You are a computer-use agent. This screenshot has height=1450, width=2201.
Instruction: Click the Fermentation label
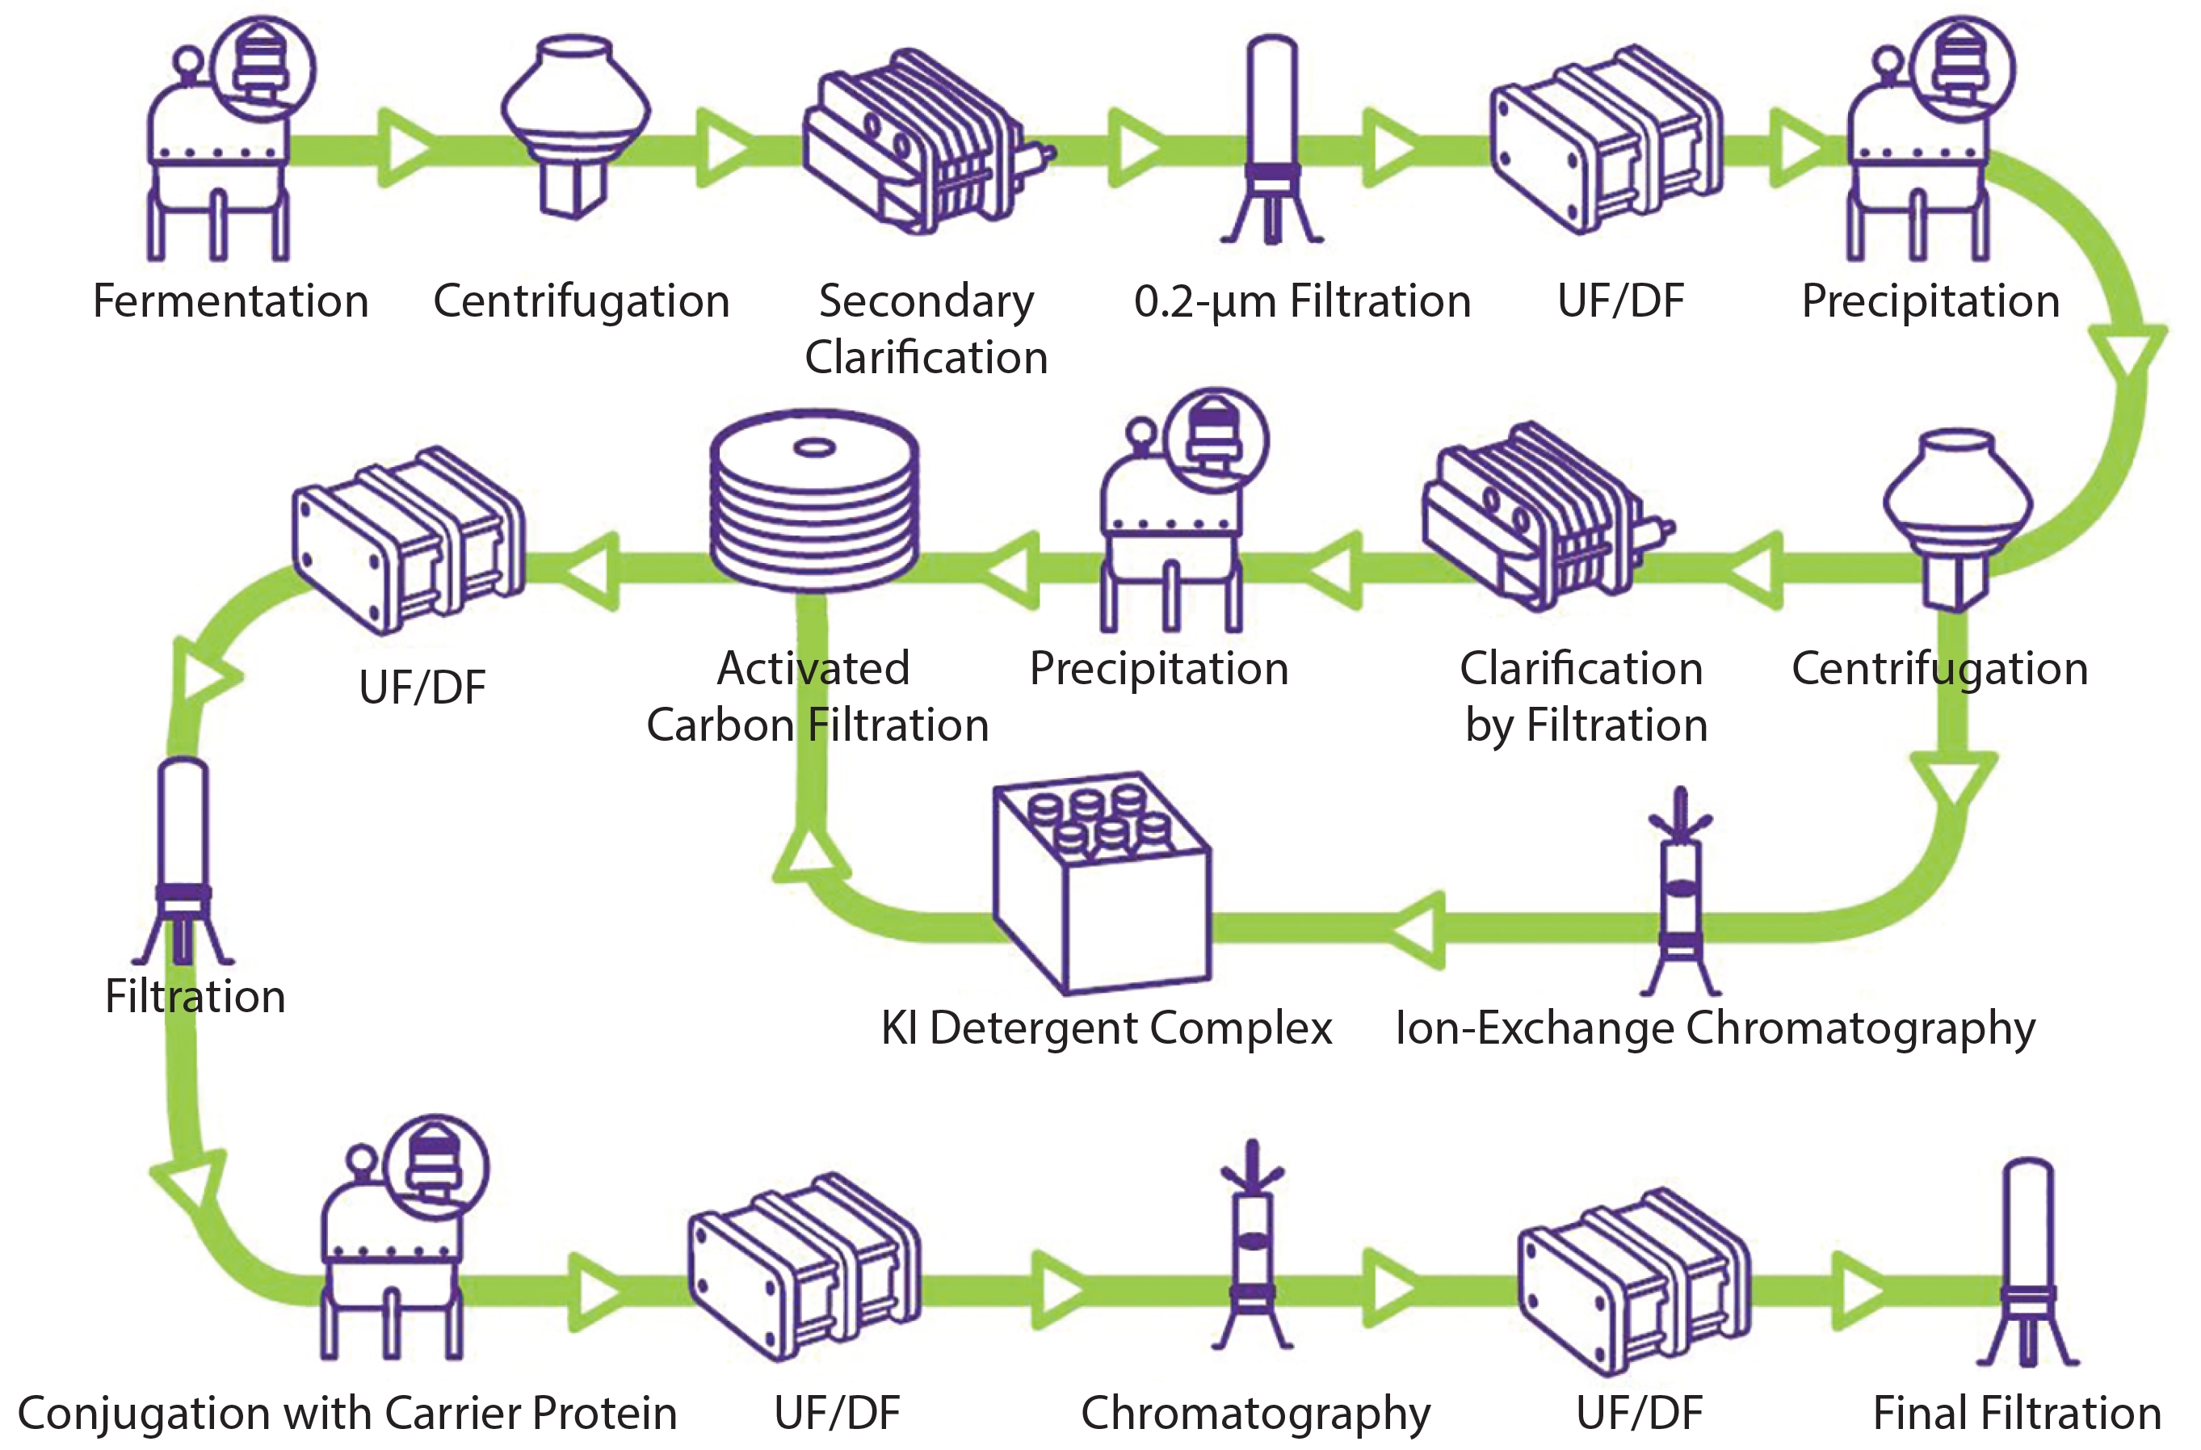pyautogui.click(x=230, y=301)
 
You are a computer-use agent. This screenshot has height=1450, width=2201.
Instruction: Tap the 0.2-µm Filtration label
pyautogui.click(x=1302, y=301)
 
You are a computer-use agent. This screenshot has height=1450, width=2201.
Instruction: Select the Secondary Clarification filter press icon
pyautogui.click(x=925, y=143)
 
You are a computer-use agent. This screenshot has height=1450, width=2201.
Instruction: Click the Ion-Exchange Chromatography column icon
pyautogui.click(x=1680, y=893)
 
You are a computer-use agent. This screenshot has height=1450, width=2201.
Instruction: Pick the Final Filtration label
pyautogui.click(x=2017, y=1413)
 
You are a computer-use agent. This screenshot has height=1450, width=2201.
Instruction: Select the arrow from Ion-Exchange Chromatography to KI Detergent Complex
pyautogui.click(x=1415, y=929)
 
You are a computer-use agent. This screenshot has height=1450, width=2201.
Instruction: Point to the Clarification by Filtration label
pyautogui.click(x=1583, y=696)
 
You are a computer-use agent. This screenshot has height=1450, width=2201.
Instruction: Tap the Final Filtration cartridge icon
pyautogui.click(x=2027, y=1263)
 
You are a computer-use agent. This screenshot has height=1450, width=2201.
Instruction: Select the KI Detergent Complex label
pyautogui.click(x=1106, y=1028)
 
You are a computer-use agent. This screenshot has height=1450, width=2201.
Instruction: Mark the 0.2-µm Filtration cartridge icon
pyautogui.click(x=1272, y=139)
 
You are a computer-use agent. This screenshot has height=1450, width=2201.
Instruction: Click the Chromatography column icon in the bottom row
pyautogui.click(x=1252, y=1244)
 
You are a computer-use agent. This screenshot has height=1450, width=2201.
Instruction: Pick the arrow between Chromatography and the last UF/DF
pyautogui.click(x=1392, y=1289)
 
